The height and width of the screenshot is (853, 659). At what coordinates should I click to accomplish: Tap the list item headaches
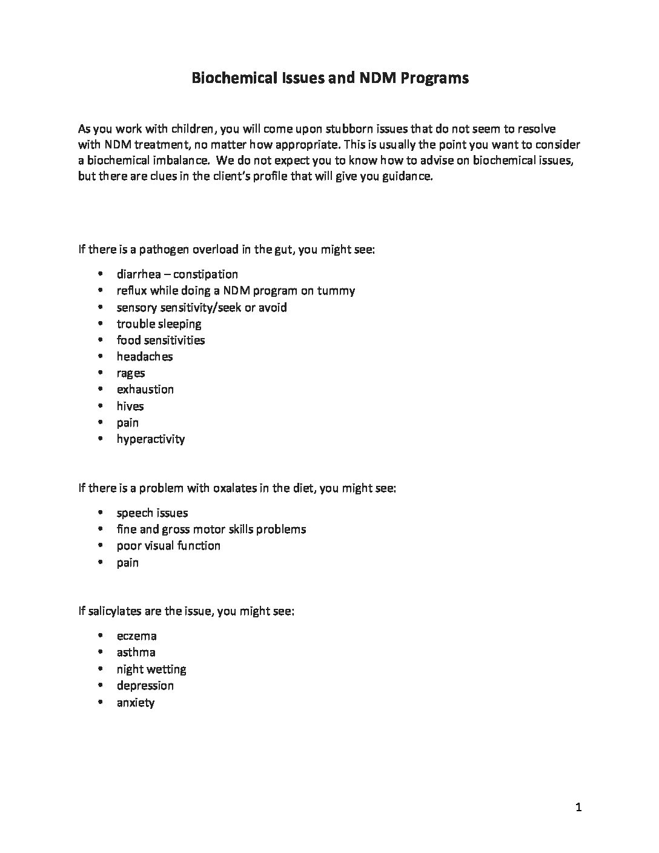pyautogui.click(x=145, y=356)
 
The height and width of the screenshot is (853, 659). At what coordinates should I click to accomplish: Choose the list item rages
pyautogui.click(x=131, y=373)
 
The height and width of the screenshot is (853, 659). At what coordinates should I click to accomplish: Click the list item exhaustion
pyautogui.click(x=145, y=389)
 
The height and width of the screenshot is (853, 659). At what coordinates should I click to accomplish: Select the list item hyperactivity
pyautogui.click(x=151, y=439)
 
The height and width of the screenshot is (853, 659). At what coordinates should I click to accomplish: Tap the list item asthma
pyautogui.click(x=136, y=652)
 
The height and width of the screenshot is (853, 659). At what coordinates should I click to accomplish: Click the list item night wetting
pyautogui.click(x=151, y=669)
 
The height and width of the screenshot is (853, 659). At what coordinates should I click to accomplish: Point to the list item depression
pyautogui.click(x=145, y=685)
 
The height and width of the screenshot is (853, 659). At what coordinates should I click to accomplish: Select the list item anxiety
pyautogui.click(x=136, y=703)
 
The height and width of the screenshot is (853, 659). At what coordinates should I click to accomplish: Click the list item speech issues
pyautogui.click(x=153, y=513)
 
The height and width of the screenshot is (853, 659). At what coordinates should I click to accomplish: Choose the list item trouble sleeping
pyautogui.click(x=159, y=324)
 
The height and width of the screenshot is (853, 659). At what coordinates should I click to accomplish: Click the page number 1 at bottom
pyautogui.click(x=578, y=807)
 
